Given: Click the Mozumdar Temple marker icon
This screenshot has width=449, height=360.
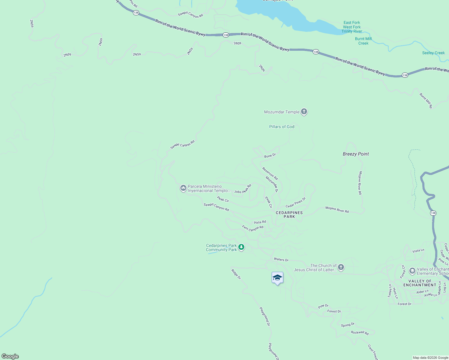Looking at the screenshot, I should tap(304, 112).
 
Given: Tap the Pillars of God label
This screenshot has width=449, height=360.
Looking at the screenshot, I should tap(282, 127).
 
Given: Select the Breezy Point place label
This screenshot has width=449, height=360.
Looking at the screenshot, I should tap(356, 154).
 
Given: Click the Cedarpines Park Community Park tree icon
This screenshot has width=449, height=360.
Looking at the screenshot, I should tap(241, 247).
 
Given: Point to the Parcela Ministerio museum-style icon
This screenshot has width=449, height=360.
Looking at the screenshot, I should tap(183, 188).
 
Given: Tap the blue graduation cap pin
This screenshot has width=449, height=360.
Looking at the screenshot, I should tap(277, 278).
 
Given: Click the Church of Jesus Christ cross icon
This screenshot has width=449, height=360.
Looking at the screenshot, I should tap(341, 267).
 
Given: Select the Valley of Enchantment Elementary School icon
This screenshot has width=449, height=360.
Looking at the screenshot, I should tap(412, 271).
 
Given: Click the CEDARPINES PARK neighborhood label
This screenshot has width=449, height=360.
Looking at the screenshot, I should tap(289, 214).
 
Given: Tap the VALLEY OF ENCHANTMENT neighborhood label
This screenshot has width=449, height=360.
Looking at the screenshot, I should tap(420, 283).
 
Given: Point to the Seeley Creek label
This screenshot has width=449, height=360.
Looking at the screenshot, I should tap(433, 53).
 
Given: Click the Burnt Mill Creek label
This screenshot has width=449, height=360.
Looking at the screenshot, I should tap(363, 41).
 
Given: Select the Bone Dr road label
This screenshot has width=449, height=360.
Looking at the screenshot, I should tap(270, 155).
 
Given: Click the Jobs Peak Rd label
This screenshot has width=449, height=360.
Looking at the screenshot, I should tap(243, 190).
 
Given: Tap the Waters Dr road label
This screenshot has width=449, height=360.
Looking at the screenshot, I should tap(281, 259).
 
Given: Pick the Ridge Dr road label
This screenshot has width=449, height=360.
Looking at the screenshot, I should tap(236, 274).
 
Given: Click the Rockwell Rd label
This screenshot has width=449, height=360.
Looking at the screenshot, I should tap(360, 332).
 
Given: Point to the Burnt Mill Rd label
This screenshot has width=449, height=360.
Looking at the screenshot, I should tap(426, 100).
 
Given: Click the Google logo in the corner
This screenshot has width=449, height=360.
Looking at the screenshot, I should tap(10, 356).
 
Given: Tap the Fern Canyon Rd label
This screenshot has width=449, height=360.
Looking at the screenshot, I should tap(252, 228).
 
